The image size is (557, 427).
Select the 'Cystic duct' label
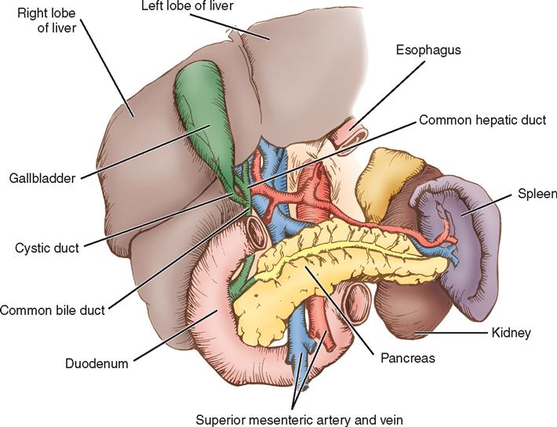point(46,249)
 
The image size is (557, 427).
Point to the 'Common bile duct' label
point(53,310)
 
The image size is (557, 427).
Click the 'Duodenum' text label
point(98,363)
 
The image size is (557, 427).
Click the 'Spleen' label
point(537,193)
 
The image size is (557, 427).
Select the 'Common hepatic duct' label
point(482,120)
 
